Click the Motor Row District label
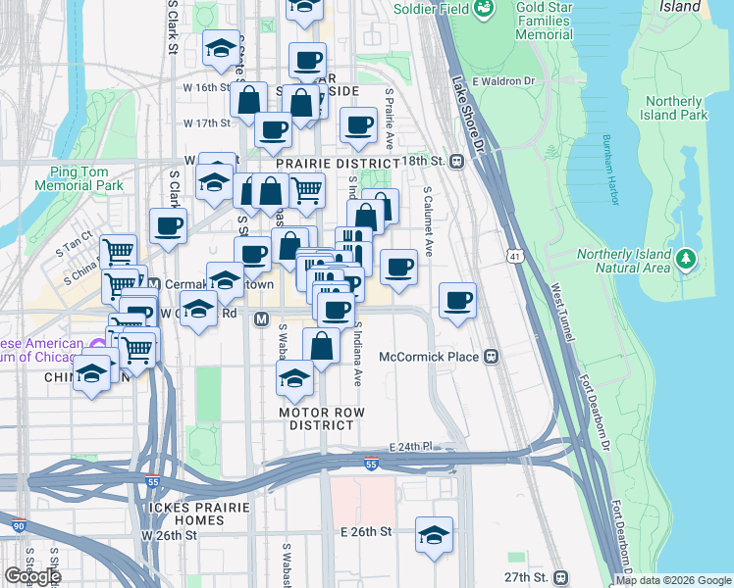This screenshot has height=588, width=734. pos(316,418)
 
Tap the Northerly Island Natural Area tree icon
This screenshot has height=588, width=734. pos(687,260)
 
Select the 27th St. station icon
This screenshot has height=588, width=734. pos(560,577)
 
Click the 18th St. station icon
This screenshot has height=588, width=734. pos(457,161)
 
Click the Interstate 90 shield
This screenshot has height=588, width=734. pos(19,526)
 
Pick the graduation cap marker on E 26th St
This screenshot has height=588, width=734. pos(434,533)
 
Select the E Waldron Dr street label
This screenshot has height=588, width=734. pos(501,81)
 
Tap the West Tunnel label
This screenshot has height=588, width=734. pos(561,313)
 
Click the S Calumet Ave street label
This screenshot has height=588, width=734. pos(428,217)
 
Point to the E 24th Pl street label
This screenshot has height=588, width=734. pos(410,446)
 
